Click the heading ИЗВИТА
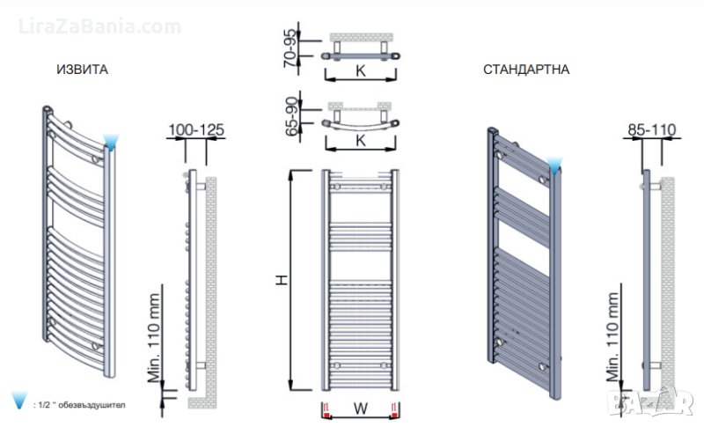point(82,70)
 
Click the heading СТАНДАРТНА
point(526,70)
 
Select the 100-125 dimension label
point(195,129)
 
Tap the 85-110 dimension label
point(651,129)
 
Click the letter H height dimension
point(282,280)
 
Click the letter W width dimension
point(361,409)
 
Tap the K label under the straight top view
point(361,70)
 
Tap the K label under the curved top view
point(361,140)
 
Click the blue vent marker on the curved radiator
point(111,142)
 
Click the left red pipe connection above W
point(326,409)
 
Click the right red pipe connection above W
point(397,409)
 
